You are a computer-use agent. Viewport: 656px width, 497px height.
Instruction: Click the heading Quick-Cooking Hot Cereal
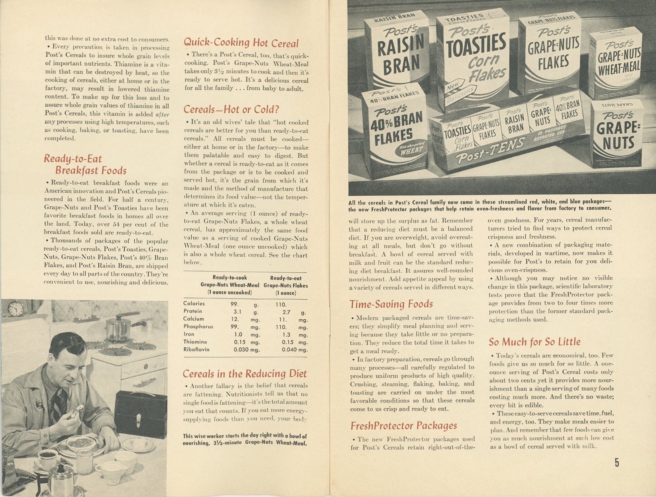[x=241, y=43]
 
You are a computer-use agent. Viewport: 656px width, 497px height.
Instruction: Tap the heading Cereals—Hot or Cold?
[x=231, y=109]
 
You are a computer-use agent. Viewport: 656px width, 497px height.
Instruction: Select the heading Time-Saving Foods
[x=391, y=304]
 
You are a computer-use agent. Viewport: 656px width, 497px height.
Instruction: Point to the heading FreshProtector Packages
[x=403, y=426]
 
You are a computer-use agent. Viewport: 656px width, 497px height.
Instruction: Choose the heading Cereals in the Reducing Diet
[x=245, y=373]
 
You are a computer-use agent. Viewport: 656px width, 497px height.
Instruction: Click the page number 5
[x=617, y=462]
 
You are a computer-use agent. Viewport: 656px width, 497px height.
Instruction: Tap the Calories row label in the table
[x=194, y=303]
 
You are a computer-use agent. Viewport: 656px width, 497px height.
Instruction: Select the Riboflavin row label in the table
[x=196, y=350]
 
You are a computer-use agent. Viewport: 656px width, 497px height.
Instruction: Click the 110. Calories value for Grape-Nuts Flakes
[x=281, y=304]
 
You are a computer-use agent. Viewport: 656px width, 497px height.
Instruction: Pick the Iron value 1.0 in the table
[x=238, y=334]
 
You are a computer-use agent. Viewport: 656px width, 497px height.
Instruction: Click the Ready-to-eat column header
[x=285, y=278]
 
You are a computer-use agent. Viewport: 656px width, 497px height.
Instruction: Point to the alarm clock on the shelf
[x=16, y=309]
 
